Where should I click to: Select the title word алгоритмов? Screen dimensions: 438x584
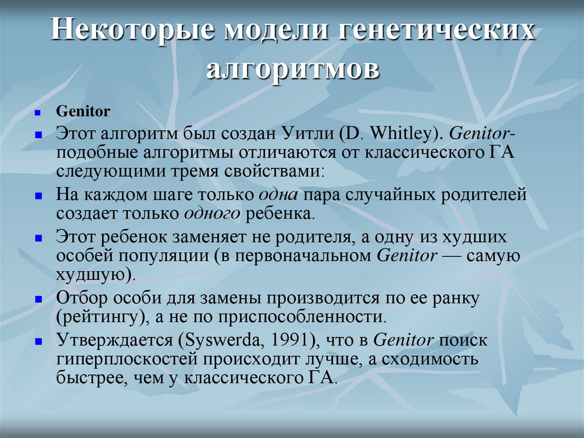point(292,70)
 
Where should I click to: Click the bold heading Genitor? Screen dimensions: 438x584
point(83,111)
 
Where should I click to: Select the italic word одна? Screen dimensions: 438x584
point(278,195)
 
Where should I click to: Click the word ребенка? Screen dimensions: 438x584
point(281,215)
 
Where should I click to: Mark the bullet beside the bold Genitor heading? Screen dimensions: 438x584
point(38,112)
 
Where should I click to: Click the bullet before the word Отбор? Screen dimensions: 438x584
point(38,299)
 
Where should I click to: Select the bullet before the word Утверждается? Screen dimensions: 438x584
point(38,342)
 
